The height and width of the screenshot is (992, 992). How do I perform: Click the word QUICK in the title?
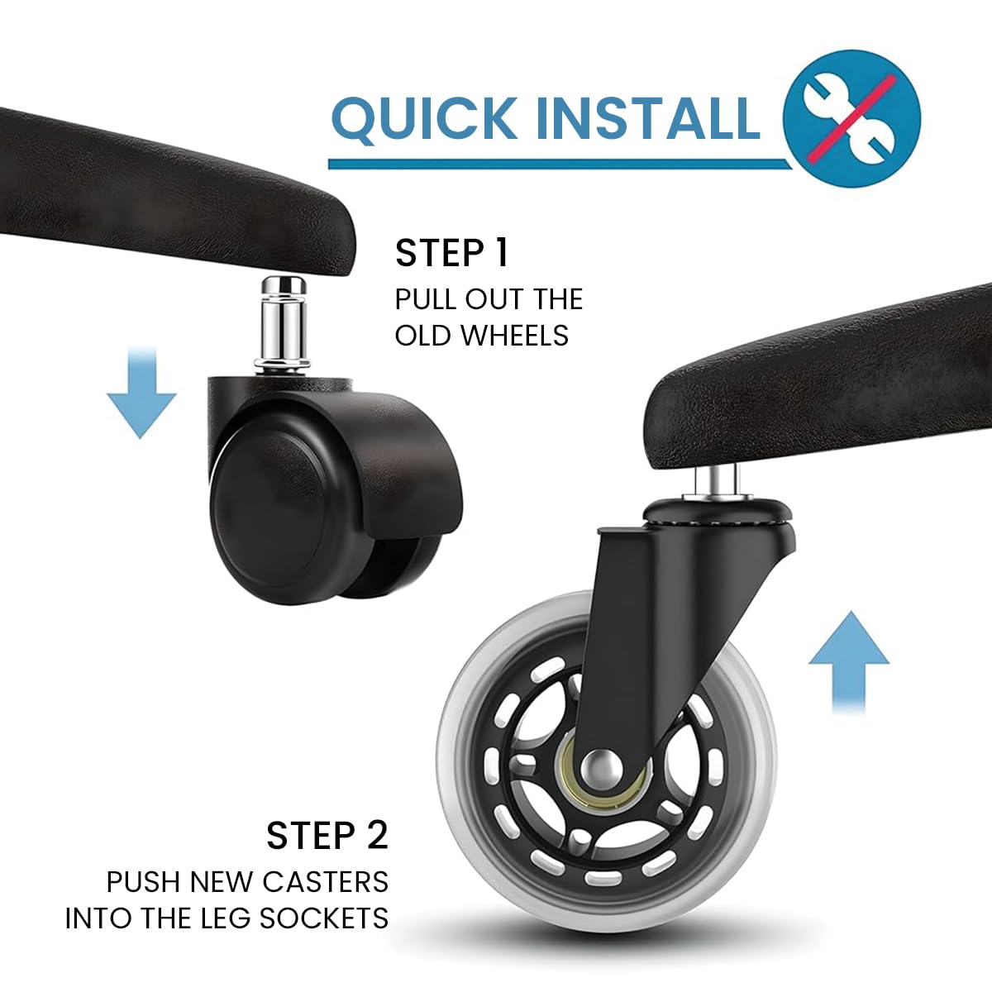pos(423,118)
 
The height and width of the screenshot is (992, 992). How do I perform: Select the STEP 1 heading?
pos(451,253)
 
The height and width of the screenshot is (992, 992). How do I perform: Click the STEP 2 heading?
pos(327,836)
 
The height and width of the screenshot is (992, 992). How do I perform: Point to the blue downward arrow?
pos(141,393)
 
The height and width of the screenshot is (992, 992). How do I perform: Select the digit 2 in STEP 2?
pos(374,836)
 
